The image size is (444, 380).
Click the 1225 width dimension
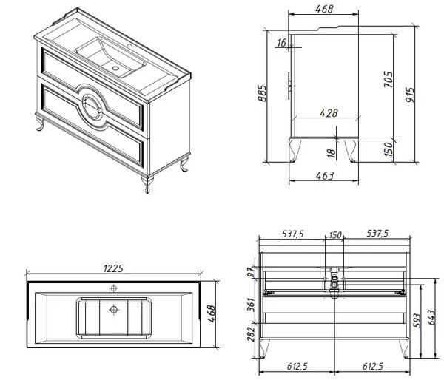pyautogui.click(x=113, y=268)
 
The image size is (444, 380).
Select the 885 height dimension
pyautogui.click(x=262, y=93)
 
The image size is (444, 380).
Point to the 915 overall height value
pyautogui.click(x=410, y=95)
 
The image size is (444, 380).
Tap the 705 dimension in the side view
pyautogui.click(x=388, y=80)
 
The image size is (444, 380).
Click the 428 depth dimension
pyautogui.click(x=329, y=113)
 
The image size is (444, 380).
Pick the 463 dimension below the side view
pyautogui.click(x=325, y=176)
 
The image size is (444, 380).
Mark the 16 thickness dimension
pyautogui.click(x=282, y=43)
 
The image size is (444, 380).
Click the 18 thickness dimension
pyautogui.click(x=332, y=153)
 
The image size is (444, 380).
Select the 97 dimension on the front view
pyautogui.click(x=251, y=273)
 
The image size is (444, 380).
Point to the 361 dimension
pyautogui.click(x=251, y=305)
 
